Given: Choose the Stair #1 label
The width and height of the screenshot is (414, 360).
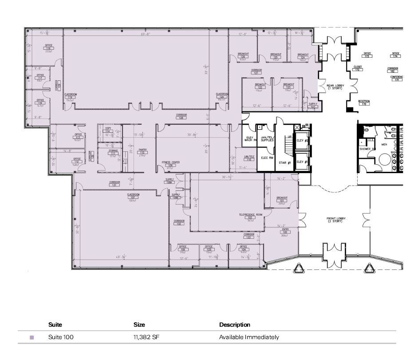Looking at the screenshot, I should pos(285,163).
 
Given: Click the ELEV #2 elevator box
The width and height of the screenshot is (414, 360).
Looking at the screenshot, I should pos(303,140).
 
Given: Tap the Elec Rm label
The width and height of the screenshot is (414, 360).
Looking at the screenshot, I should pos(266,158).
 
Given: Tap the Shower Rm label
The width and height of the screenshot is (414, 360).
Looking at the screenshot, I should pos(367,149).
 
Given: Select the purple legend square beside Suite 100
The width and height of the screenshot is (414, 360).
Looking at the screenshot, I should pos(32,338).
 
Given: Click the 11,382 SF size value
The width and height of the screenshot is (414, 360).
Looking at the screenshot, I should pos(146,337).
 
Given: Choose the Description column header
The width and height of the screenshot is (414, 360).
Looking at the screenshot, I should pos(234,325).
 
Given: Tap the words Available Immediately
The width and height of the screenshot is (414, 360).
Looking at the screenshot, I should pos(249,337).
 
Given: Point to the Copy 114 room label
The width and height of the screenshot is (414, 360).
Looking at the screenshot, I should pos(108,130).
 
